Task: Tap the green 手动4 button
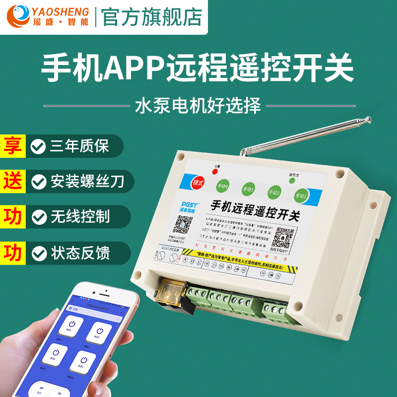[222, 186]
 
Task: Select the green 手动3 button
[248, 189]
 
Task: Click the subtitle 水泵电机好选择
[198, 105]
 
